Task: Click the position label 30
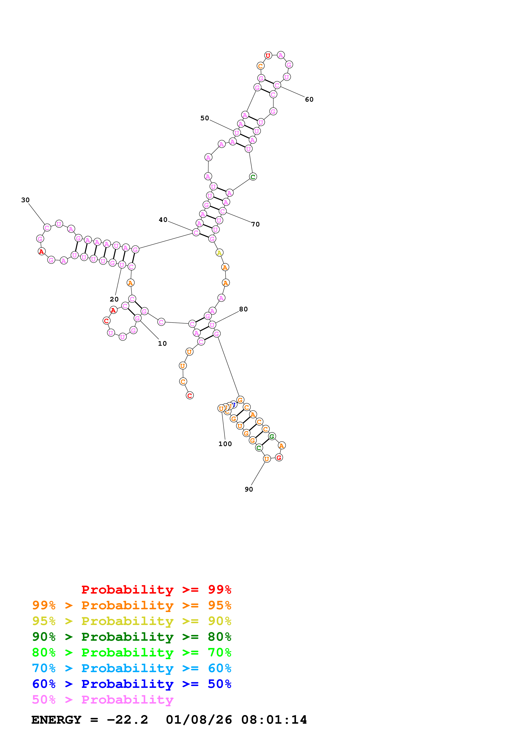25,200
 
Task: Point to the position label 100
225,444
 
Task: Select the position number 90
249,489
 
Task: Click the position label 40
163,220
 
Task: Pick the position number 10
162,343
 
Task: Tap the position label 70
255,224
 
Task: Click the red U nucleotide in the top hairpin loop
268,55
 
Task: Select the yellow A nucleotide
219,253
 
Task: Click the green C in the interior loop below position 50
253,177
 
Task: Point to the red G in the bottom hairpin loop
279,458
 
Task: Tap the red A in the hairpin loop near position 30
41,252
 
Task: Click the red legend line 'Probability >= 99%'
156,590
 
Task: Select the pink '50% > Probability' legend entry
103,700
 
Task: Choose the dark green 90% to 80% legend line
131,637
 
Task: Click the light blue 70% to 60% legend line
131,668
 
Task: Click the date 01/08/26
199,720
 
